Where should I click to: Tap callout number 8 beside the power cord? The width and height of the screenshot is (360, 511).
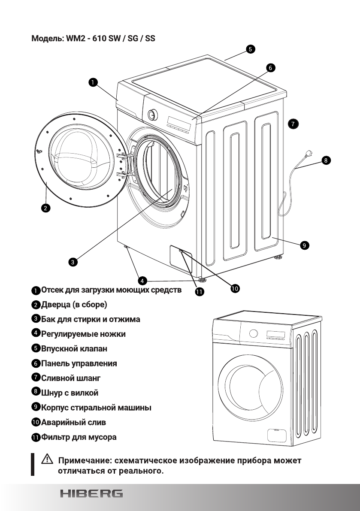click(x=326, y=161)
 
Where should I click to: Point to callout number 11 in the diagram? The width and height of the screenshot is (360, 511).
click(x=200, y=292)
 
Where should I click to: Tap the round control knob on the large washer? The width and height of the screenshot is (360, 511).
click(x=151, y=115)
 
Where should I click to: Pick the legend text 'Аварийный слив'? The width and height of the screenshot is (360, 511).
click(x=73, y=422)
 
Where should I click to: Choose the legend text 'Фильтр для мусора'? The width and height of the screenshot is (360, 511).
click(x=79, y=437)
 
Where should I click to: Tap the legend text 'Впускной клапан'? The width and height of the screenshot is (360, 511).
click(x=74, y=348)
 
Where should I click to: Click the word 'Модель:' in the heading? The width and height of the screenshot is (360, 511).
click(x=47, y=39)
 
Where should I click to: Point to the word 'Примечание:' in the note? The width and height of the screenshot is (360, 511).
click(x=83, y=461)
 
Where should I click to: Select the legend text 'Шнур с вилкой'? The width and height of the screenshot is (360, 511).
click(x=70, y=393)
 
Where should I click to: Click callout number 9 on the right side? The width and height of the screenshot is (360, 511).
click(x=303, y=245)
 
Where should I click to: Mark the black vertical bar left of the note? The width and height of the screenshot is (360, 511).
click(x=32, y=464)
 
